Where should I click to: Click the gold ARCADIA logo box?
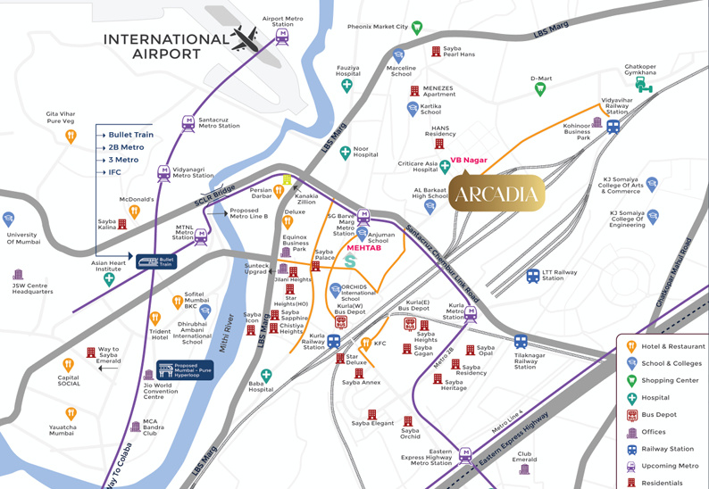tap(496, 194)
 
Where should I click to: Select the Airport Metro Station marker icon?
tap(283, 36)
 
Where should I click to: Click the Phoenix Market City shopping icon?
tap(417, 29)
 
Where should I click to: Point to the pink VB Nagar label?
tap(468, 160)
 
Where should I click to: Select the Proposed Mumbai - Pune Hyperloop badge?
tap(185, 370)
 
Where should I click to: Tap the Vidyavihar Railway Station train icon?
tap(613, 128)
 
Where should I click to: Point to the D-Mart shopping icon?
tap(539, 89)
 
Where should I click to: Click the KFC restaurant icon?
tap(365, 344)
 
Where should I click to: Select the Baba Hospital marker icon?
tap(266, 377)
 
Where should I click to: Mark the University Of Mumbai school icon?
tap(9, 220)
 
